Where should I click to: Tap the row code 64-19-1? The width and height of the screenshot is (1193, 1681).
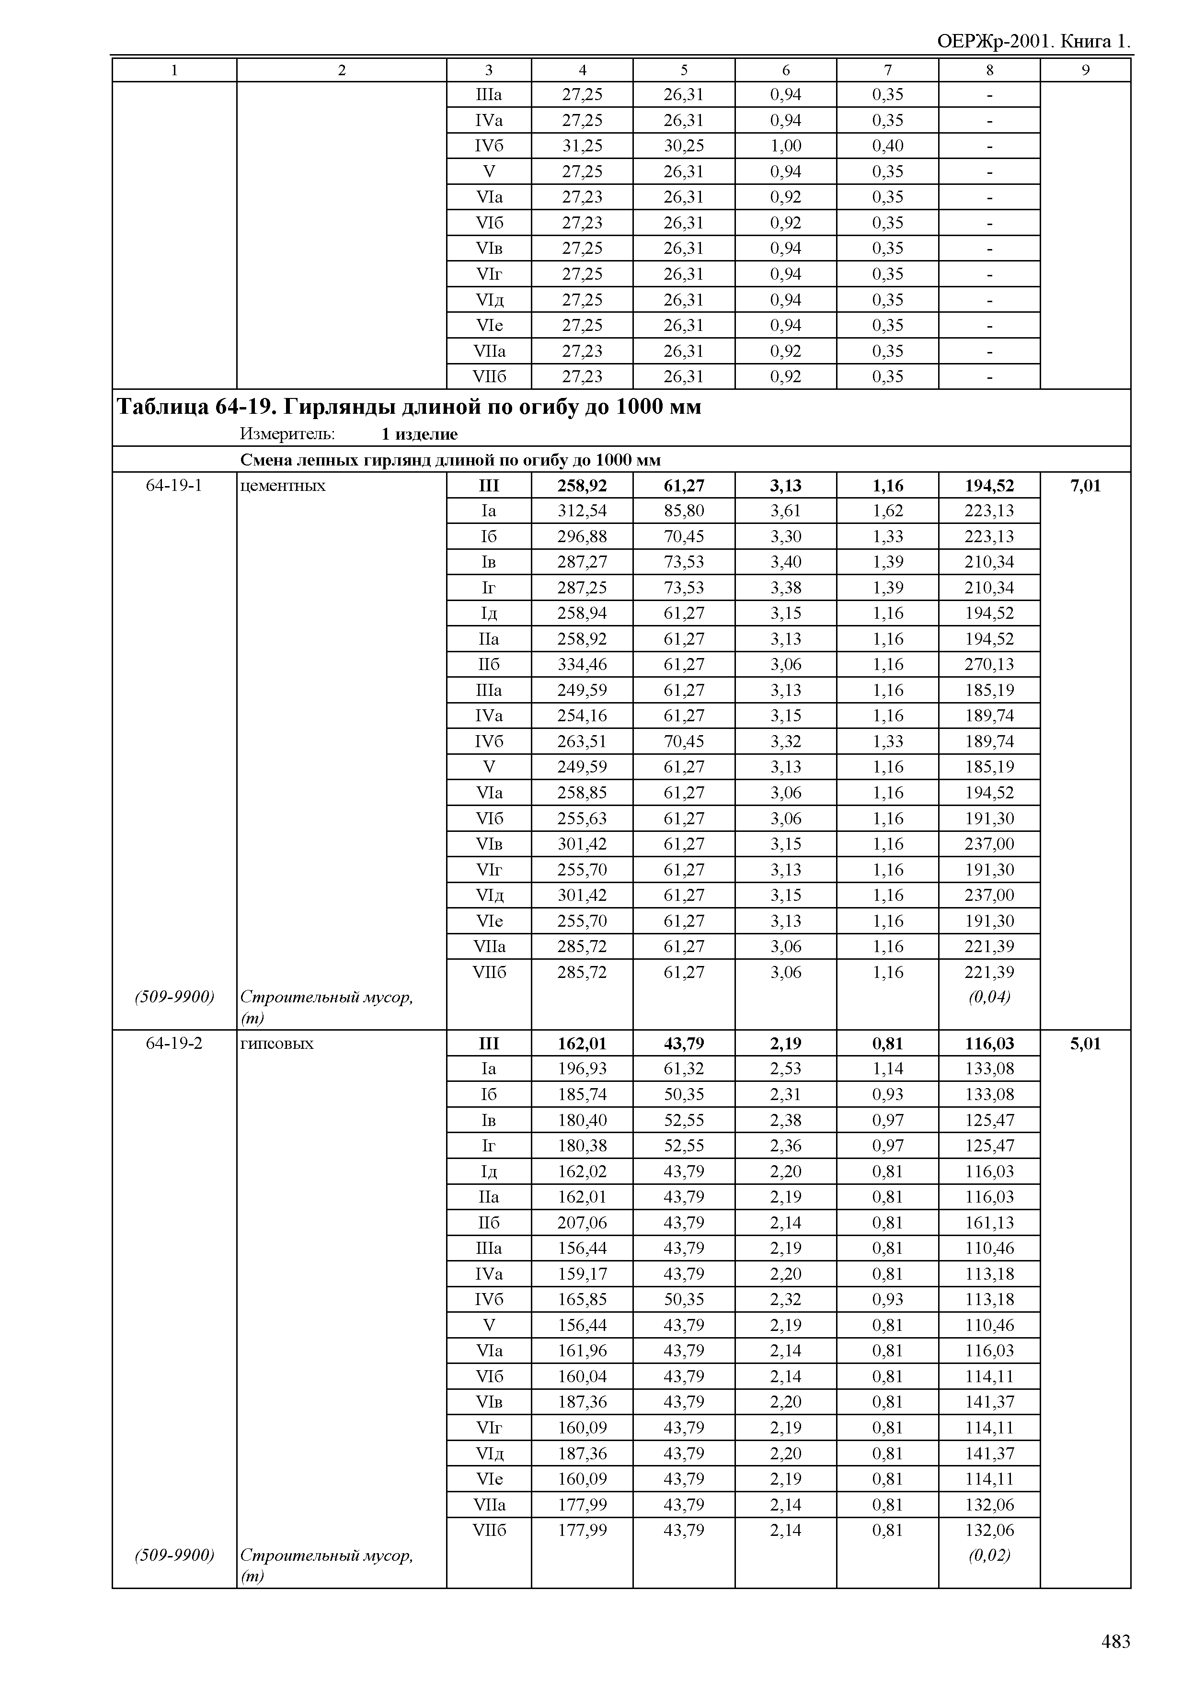point(174,486)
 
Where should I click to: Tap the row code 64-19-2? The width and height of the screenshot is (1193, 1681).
point(174,1044)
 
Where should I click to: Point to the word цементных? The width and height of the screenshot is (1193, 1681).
point(283,486)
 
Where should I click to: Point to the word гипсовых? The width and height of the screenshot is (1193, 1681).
point(277,1044)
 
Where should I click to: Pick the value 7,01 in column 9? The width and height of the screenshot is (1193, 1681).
point(1085,486)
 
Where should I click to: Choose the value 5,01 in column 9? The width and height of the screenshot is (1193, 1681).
point(1085,1044)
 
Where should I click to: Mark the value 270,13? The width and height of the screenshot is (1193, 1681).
point(989,665)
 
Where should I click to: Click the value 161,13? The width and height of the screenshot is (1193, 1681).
point(989,1223)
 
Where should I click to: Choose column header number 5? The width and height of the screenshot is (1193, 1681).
point(683,70)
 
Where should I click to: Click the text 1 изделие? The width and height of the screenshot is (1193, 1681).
point(419,434)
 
